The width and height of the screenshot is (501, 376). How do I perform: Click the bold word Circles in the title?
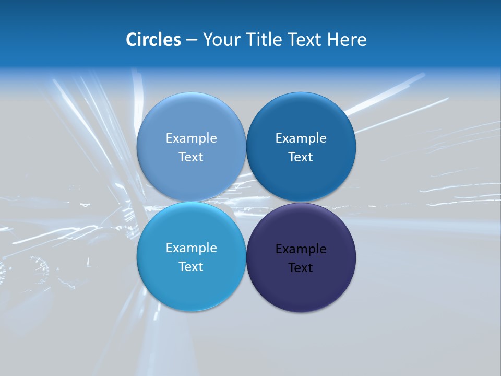(153, 40)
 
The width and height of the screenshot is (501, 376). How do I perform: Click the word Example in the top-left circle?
(191, 138)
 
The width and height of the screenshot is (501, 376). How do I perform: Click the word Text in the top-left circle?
(191, 157)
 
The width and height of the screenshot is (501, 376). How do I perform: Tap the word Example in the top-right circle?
(301, 138)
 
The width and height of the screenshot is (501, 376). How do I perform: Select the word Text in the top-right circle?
(301, 157)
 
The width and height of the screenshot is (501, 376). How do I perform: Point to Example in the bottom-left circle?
(191, 248)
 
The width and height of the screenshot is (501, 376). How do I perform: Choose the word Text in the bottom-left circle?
(191, 267)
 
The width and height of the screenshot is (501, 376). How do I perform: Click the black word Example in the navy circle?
(301, 249)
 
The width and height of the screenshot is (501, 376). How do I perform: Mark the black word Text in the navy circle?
(301, 268)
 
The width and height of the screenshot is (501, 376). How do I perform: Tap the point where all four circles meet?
(246, 202)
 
